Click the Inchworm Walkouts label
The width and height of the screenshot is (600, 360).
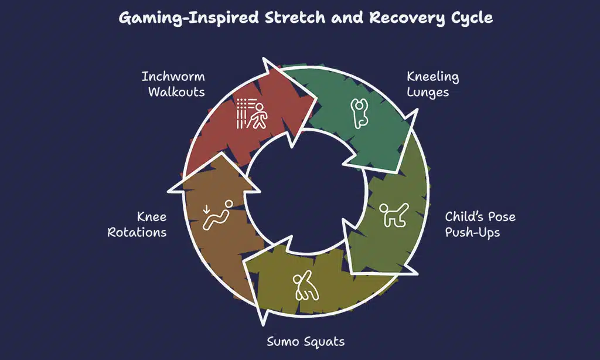(173, 84)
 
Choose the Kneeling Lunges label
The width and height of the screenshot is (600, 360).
(433, 84)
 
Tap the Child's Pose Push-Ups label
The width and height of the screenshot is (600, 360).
(480, 224)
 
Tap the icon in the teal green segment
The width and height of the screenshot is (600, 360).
(358, 113)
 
